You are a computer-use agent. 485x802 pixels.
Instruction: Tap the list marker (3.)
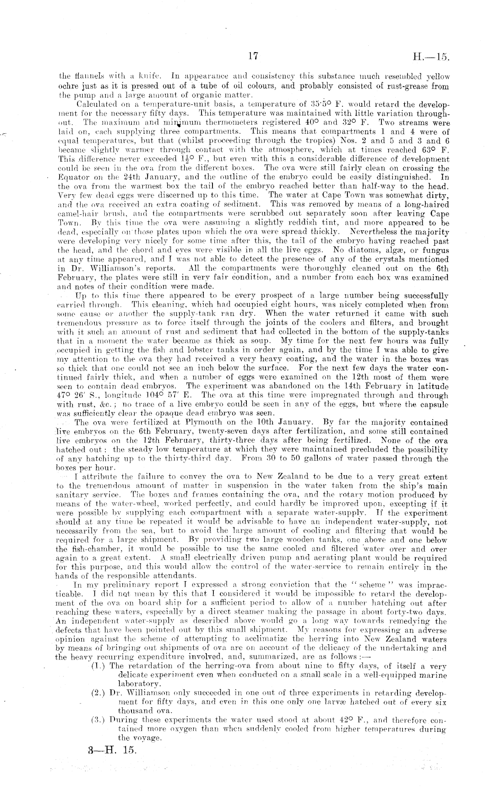[x=99, y=720]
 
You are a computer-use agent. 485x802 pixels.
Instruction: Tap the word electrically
[x=202, y=558]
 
